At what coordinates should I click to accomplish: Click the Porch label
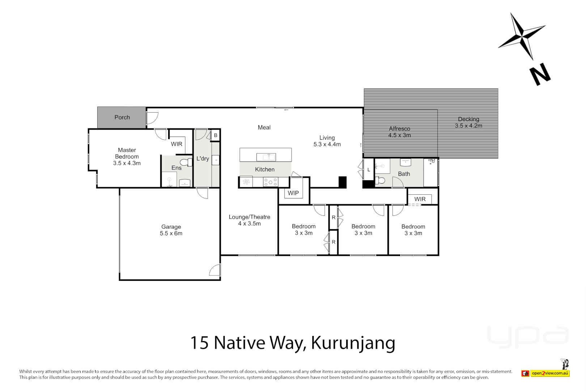point(122,117)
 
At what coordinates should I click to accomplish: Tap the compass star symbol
point(522,37)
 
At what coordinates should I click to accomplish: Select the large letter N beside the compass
point(540,74)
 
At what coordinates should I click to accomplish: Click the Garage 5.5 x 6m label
point(171,230)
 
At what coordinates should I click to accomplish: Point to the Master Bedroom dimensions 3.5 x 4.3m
point(127,163)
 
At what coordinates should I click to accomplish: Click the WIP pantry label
point(293,193)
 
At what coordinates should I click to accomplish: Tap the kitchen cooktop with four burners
point(271,182)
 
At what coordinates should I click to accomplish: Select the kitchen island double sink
point(266,157)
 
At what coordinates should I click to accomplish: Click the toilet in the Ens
point(187,162)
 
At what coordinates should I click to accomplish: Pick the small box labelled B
point(216,135)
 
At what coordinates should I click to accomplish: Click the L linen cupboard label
point(369,169)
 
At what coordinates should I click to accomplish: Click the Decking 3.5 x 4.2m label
point(468,122)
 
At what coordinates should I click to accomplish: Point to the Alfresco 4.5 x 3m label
point(399,132)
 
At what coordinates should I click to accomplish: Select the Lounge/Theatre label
point(249,217)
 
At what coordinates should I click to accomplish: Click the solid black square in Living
point(342,182)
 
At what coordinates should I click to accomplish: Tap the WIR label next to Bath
point(420,199)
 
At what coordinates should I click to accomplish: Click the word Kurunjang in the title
point(353,342)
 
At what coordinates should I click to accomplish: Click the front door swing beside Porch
point(152,118)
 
